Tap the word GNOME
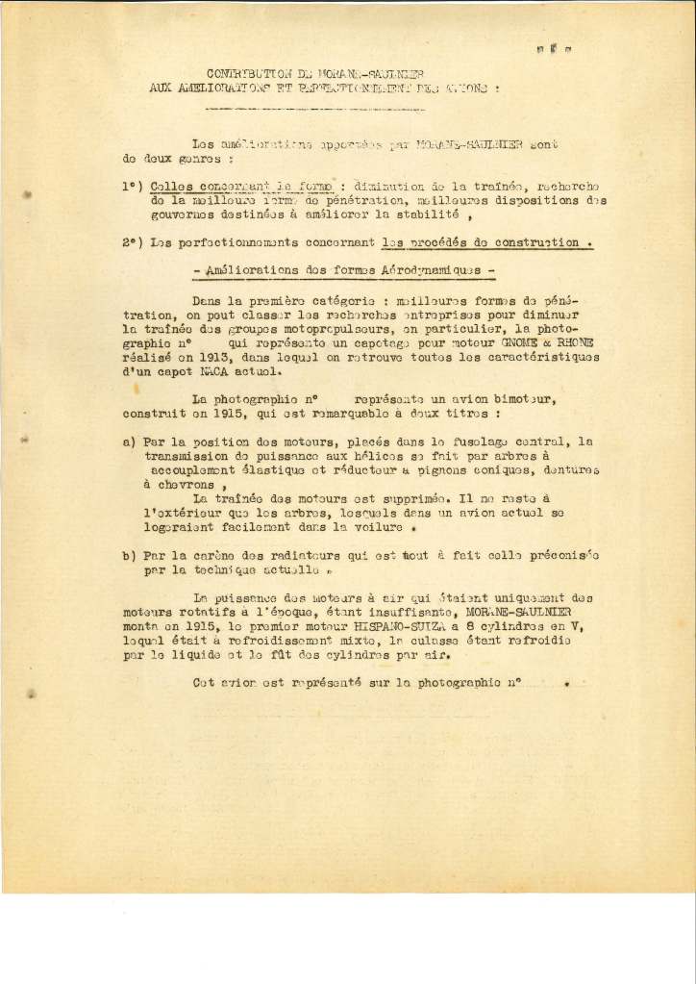[x=512, y=343]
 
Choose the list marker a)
[x=129, y=442]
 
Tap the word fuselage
[x=473, y=442]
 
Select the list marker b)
[x=129, y=556]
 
